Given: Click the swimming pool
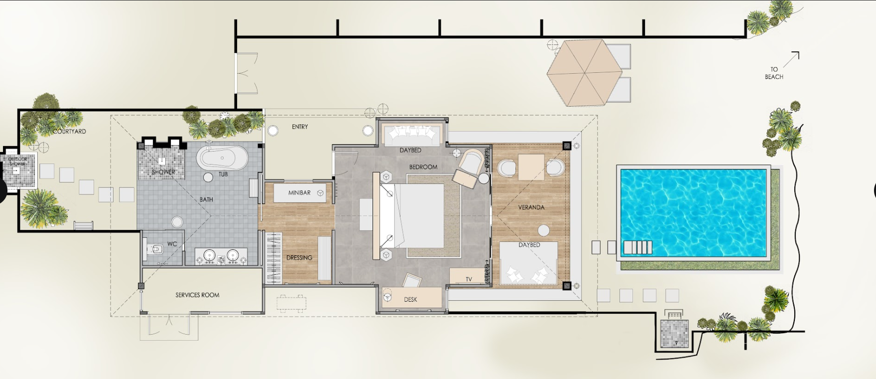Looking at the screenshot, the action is pos(693,212).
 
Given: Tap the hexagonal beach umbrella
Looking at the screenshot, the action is pos(584,73).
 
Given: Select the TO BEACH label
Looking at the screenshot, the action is pos(774,73).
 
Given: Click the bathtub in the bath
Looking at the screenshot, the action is pos(222,157).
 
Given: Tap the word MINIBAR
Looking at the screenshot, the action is pos(299,192).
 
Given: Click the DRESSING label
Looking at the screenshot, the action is pos(299,258).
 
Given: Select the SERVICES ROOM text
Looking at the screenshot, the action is pos(197,295).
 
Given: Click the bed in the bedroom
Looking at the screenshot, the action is pos(412,216).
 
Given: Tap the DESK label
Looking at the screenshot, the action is pos(410,300).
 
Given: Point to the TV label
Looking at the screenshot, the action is pos(469,279).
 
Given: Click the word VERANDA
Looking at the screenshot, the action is pos(531,207).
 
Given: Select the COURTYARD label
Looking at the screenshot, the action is pos(70,132).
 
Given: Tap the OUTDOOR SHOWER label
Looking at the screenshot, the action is pos(17,162).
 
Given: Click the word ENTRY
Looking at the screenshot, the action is pos(300,127).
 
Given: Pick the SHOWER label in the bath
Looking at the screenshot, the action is pos(163,172).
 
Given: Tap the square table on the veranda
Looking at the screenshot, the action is pos(531,167).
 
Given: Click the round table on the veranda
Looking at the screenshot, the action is pos(543,230).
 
